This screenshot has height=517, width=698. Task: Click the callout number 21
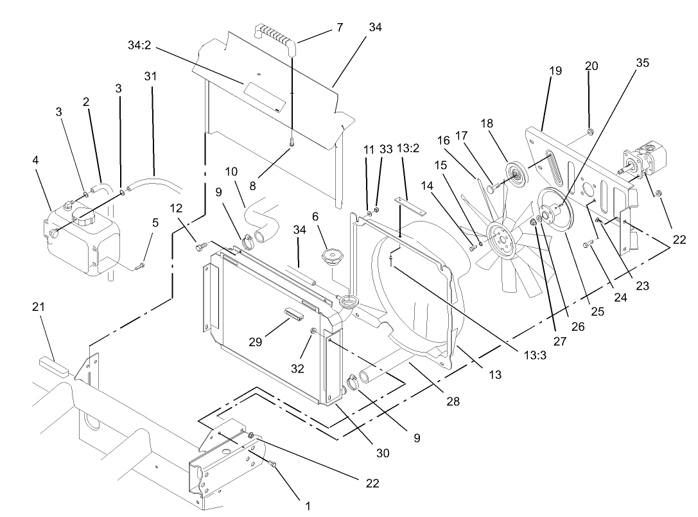pyautogui.click(x=39, y=308)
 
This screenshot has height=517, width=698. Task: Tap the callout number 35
pyautogui.click(x=642, y=63)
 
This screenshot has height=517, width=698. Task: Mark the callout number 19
pyautogui.click(x=555, y=71)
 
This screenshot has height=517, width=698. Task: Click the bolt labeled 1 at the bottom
pyautogui.click(x=272, y=464)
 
